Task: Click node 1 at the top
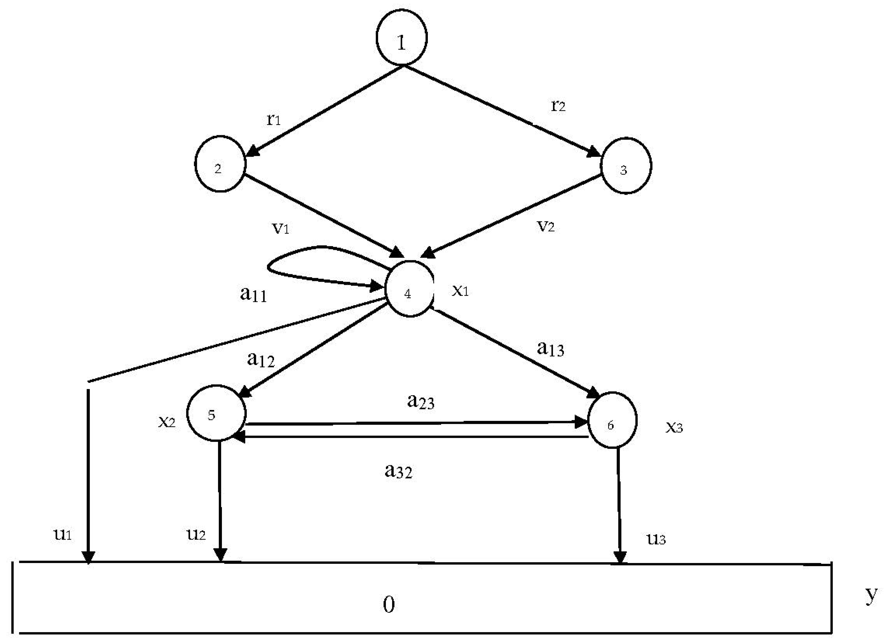pos(401,37)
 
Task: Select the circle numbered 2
pos(220,164)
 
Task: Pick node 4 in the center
pos(409,289)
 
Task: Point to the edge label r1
pos(274,119)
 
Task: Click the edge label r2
pos(558,105)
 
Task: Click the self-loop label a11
pos(254,294)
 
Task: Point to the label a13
pos(550,349)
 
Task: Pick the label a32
pos(398,471)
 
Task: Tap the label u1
pos(62,534)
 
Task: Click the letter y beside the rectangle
pos(871,595)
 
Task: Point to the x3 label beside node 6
pos(674,428)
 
